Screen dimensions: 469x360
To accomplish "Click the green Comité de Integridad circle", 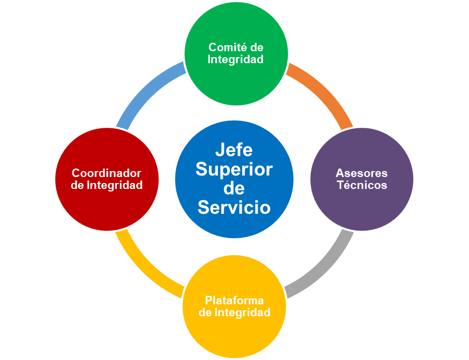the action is [236, 54].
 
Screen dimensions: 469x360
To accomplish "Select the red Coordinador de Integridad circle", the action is [107, 179].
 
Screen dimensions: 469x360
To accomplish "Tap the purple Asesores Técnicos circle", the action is [362, 179].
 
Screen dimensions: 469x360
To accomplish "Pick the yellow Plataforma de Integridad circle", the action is [234, 306].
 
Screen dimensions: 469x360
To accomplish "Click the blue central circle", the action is [234, 179].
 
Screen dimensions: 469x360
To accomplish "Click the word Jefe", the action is [234, 150].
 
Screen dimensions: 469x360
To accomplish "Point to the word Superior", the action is [234, 170].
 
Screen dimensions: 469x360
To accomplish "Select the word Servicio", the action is [234, 207].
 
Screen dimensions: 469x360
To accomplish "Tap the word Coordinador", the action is [106, 173].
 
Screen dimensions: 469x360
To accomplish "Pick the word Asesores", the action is [362, 173].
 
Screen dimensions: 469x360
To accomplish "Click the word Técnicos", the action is [362, 185].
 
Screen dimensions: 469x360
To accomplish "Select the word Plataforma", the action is [234, 300].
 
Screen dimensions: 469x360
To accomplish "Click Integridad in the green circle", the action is [236, 59].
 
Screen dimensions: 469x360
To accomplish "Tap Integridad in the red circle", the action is [114, 185].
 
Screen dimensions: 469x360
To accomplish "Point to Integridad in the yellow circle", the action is [243, 312].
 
